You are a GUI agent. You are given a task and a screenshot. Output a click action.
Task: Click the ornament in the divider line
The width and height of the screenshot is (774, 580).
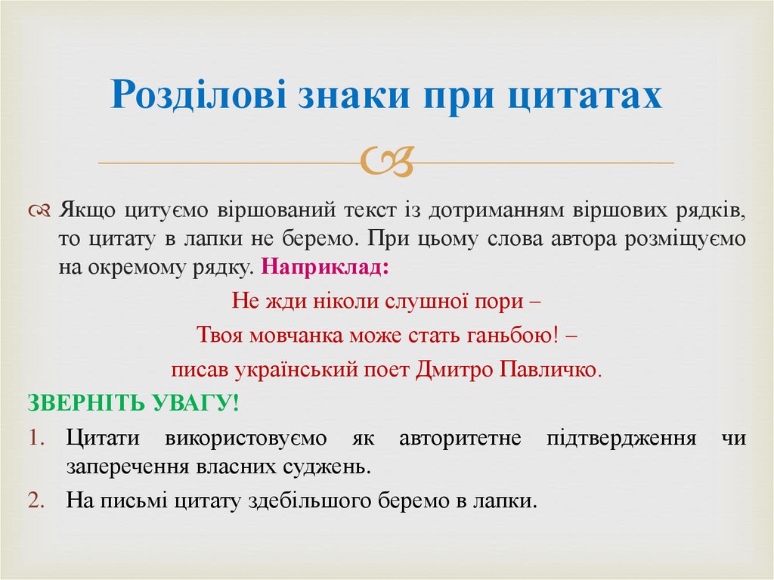pyautogui.click(x=386, y=161)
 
